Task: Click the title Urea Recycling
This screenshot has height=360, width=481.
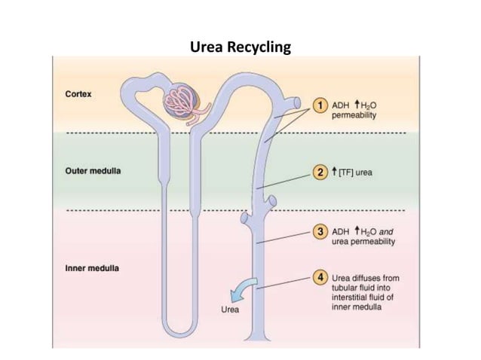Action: click(x=241, y=48)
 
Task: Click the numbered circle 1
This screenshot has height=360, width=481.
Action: click(x=320, y=105)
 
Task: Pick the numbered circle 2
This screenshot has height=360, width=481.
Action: click(x=320, y=172)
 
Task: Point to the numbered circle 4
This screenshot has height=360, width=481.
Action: click(x=320, y=277)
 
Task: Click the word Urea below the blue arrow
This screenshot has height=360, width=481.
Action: click(x=229, y=310)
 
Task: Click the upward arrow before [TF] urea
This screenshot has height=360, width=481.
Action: click(x=335, y=172)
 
